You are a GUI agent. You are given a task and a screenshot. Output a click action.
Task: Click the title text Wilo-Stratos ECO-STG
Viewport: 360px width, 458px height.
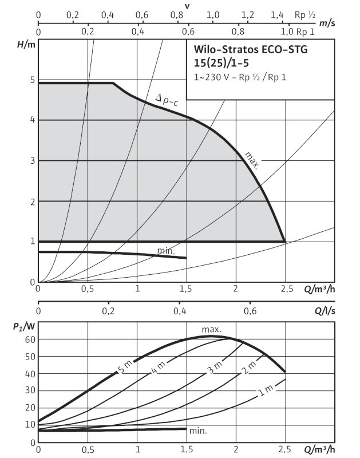[247, 50]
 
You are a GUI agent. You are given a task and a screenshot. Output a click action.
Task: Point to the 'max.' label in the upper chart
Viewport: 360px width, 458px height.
[252, 160]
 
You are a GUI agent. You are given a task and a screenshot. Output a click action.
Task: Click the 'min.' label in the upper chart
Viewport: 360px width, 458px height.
[166, 251]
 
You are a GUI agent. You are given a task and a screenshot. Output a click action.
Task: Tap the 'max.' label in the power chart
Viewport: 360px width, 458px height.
[211, 329]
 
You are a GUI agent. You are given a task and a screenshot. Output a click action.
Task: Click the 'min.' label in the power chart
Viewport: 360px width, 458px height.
[197, 431]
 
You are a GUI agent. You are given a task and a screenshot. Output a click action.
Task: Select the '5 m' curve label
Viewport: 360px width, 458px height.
[125, 366]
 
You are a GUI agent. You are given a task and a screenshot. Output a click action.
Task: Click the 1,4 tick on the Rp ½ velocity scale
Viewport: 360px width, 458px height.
[277, 14]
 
